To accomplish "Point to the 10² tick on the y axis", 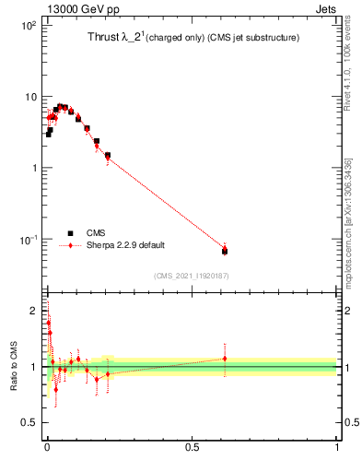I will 29,26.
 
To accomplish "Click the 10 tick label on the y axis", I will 30,97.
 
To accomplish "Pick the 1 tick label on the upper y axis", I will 35,168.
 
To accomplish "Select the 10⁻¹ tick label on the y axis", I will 29,240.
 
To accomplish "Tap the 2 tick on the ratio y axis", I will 35,311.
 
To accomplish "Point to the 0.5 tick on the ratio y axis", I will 30,423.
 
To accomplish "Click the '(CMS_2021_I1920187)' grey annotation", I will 191,275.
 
